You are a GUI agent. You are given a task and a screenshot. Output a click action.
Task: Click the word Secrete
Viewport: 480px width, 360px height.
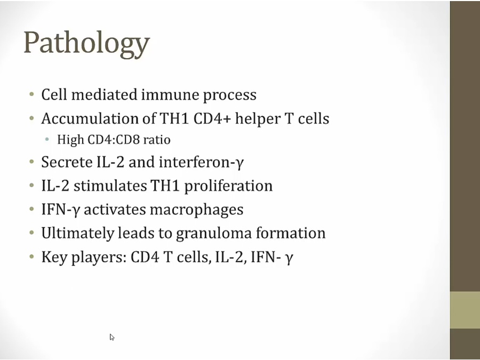click(x=67, y=162)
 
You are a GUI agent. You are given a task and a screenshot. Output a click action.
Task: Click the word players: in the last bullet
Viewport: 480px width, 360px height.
click(x=99, y=258)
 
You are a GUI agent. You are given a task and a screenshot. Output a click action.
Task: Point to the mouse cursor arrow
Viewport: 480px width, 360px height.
click(x=112, y=337)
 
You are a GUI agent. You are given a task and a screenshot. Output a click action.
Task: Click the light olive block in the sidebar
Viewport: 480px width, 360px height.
click(x=465, y=310)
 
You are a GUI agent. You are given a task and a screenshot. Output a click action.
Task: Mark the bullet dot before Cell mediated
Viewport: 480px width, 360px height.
click(x=32, y=94)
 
